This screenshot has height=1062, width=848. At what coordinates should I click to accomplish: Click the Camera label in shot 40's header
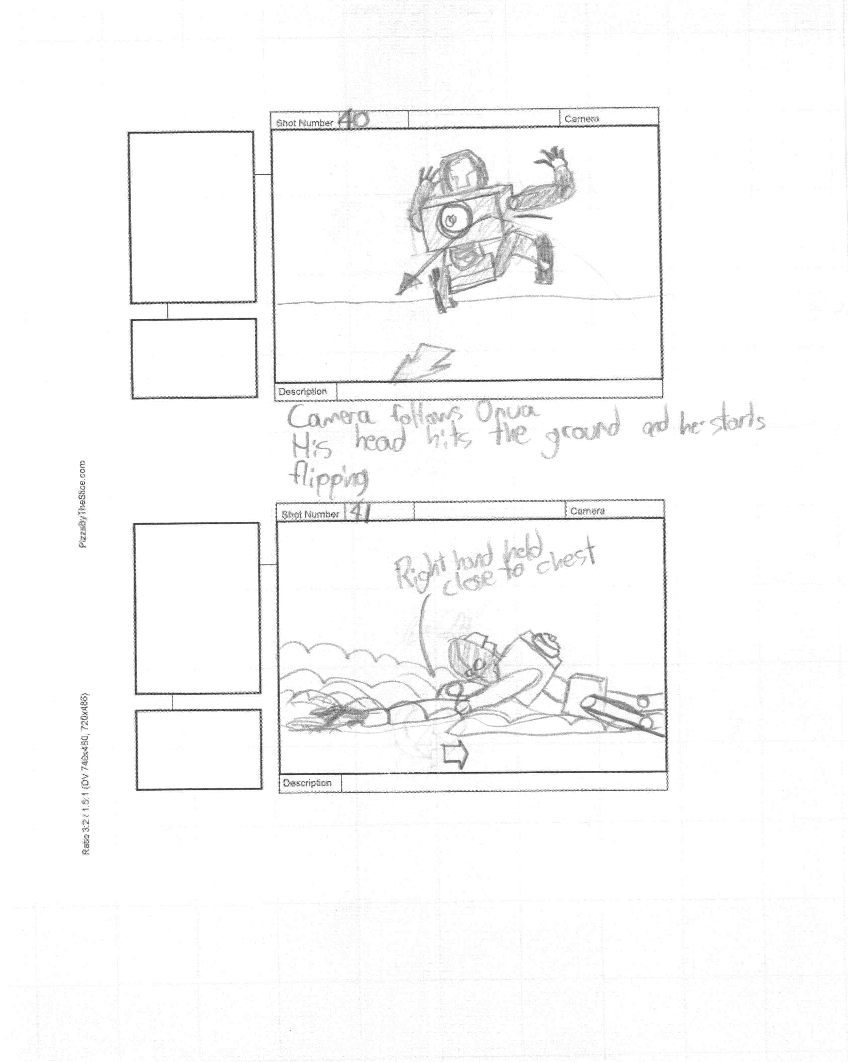[582, 119]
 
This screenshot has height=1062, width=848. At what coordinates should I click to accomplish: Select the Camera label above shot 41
[587, 511]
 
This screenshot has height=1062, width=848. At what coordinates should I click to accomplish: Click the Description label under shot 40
[302, 391]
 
